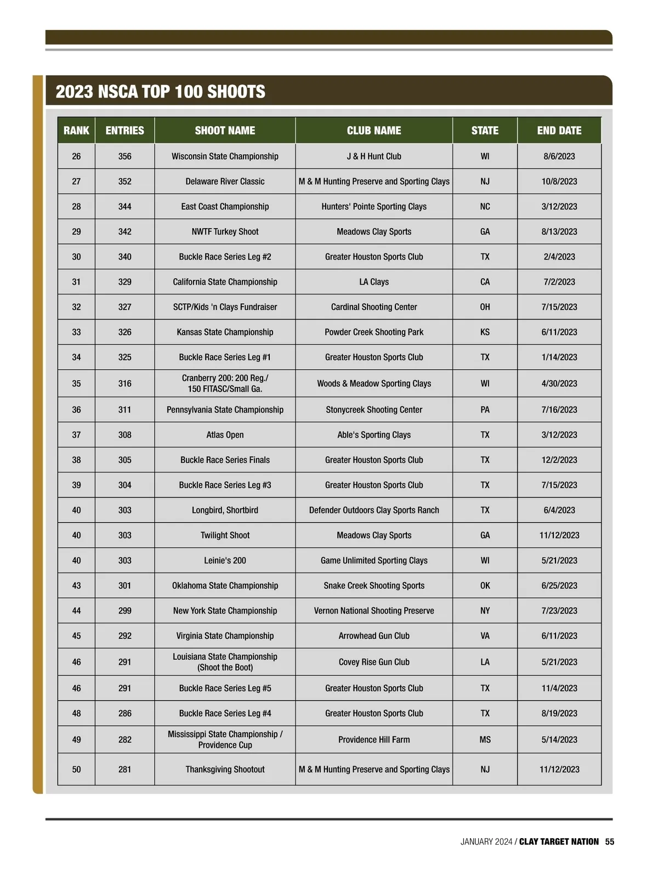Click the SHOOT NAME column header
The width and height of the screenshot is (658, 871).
225,131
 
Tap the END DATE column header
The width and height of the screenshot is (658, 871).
559,131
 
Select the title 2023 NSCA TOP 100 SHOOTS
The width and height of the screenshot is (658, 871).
161,91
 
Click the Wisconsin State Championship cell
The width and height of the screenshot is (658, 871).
225,156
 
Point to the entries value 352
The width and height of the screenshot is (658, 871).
125,182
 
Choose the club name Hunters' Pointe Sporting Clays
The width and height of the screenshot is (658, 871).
374,207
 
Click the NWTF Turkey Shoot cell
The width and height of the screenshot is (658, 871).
225,231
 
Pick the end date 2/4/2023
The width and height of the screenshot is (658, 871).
559,257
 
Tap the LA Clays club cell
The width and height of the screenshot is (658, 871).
374,282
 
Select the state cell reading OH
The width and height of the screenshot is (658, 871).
485,307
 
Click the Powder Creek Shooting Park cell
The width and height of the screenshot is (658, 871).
374,332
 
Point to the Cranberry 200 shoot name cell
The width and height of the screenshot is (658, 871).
225,383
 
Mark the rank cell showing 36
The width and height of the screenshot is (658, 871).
76,410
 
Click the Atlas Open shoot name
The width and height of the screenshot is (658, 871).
225,435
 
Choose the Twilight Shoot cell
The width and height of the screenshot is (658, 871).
225,535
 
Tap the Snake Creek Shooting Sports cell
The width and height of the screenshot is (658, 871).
374,586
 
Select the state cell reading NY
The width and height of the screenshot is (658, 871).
485,610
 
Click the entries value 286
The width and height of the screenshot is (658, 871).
125,714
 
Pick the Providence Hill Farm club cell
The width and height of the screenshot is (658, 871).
374,739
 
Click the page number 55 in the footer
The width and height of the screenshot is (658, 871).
610,841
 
